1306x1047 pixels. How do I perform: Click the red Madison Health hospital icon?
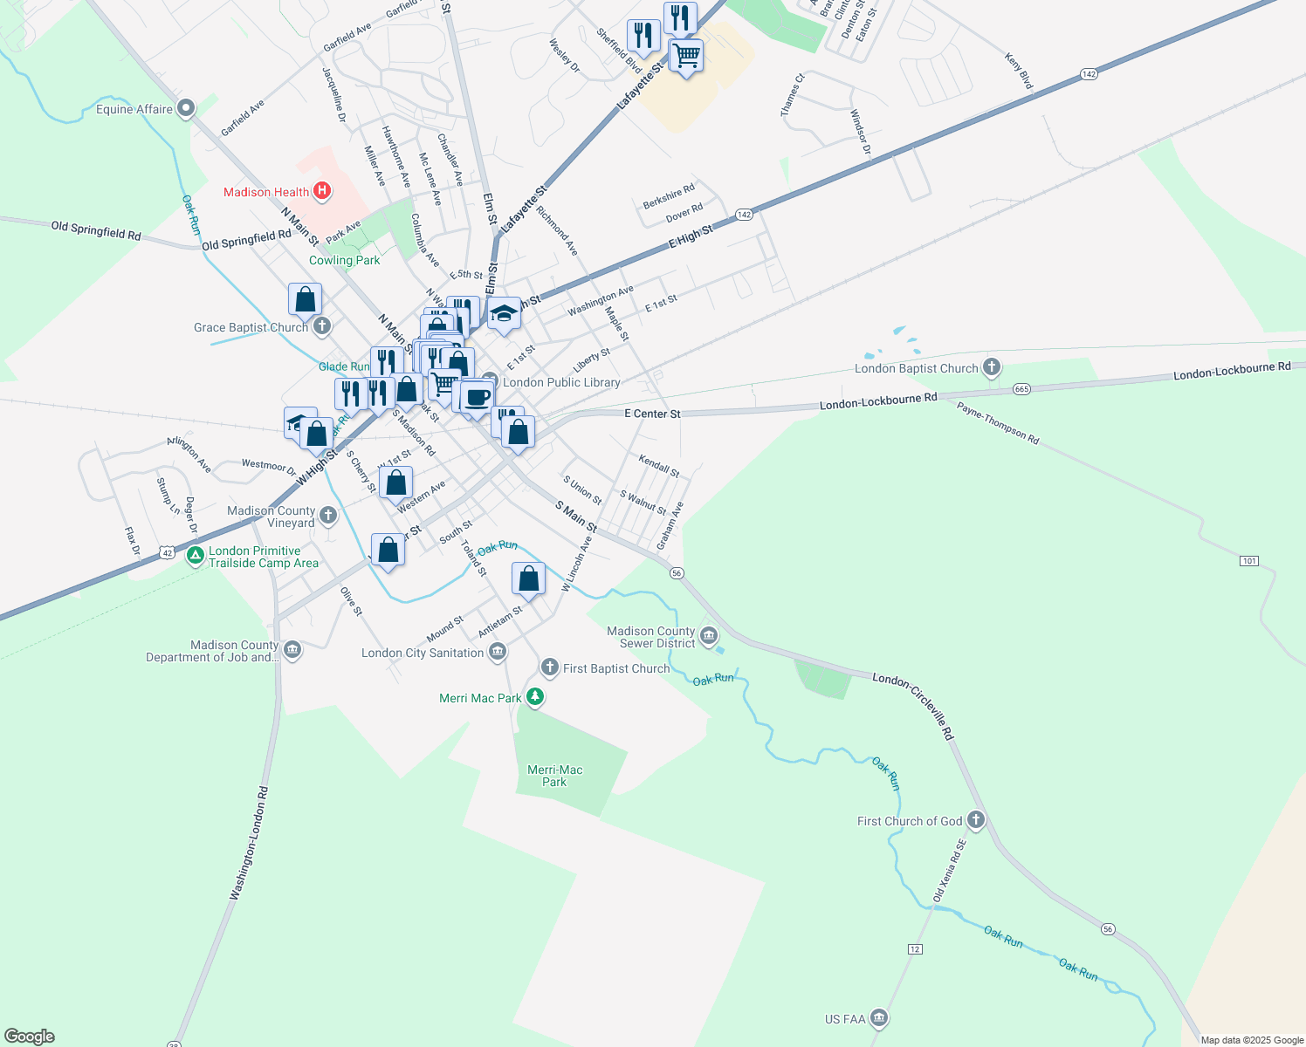pyautogui.click(x=322, y=191)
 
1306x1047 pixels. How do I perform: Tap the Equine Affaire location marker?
pyautogui.click(x=185, y=109)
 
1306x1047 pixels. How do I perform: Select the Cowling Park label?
pyautogui.click(x=345, y=260)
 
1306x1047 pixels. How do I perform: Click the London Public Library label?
pyautogui.click(x=561, y=382)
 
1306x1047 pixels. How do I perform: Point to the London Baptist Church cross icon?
pyautogui.click(x=992, y=367)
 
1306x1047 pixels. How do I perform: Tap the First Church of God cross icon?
pyautogui.click(x=976, y=820)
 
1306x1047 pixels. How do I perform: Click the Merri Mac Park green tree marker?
pyautogui.click(x=536, y=697)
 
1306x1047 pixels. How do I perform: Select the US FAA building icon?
pyautogui.click(x=879, y=1018)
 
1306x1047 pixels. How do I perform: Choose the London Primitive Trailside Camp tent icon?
pyautogui.click(x=196, y=556)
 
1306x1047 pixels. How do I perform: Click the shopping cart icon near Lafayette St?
pyautogui.click(x=686, y=56)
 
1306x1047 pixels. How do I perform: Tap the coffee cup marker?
pyautogui.click(x=477, y=398)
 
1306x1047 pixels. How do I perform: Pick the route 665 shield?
pyautogui.click(x=1022, y=388)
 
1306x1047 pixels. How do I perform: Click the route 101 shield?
pyautogui.click(x=1249, y=561)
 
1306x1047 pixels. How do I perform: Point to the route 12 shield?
pyautogui.click(x=915, y=948)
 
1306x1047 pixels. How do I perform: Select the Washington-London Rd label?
pyautogui.click(x=250, y=844)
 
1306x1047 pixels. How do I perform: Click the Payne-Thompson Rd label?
pyautogui.click(x=998, y=423)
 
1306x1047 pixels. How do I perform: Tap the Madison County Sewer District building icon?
pyautogui.click(x=709, y=635)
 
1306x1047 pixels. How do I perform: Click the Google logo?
pyautogui.click(x=30, y=1037)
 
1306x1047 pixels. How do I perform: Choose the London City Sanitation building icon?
pyautogui.click(x=498, y=651)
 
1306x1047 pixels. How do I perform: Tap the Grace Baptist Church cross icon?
pyautogui.click(x=322, y=327)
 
